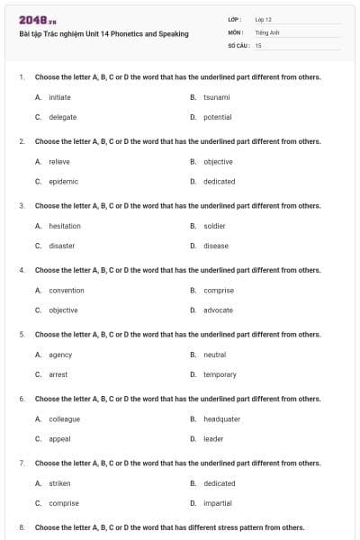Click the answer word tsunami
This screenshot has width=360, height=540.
tap(217, 97)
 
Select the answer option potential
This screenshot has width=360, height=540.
tap(217, 117)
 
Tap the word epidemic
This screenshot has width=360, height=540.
tap(63, 181)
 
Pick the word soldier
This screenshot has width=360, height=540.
tap(214, 226)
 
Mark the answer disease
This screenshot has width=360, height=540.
tap(216, 246)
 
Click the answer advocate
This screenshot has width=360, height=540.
tap(218, 310)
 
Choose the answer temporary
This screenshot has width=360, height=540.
tap(220, 374)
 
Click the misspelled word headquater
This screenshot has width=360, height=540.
tap(221, 419)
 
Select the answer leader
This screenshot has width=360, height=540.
tap(213, 439)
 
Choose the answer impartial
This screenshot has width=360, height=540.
tap(218, 503)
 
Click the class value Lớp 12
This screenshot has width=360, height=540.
tap(263, 19)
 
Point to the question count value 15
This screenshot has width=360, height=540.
tap(258, 45)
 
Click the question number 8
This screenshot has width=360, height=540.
tap(21, 527)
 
